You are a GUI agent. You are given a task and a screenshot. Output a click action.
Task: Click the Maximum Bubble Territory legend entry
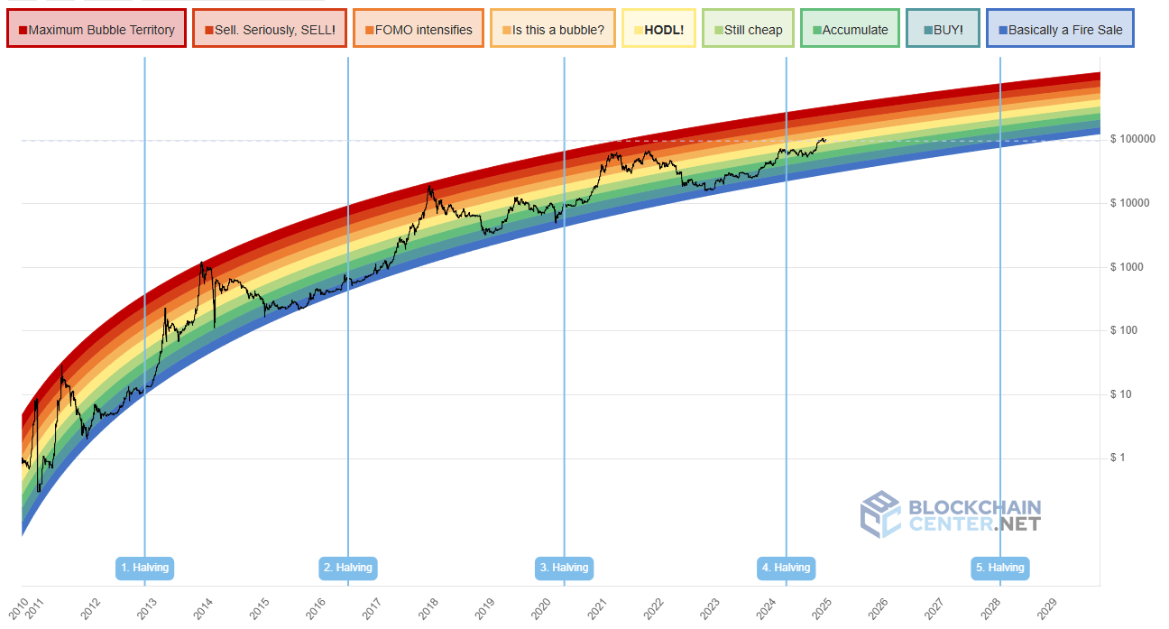tap(97, 30)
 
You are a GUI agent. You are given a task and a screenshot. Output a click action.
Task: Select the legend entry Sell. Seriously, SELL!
tap(270, 30)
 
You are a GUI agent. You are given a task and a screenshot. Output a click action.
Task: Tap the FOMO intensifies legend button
tap(419, 30)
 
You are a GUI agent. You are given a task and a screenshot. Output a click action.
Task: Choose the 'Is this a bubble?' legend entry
tap(553, 30)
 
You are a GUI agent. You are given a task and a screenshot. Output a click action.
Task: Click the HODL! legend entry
tap(659, 30)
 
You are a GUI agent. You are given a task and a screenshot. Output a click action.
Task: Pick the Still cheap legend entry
tap(748, 30)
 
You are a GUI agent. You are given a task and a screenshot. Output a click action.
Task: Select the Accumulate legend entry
tap(850, 30)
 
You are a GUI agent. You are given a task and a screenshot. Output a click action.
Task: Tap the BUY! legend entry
tap(943, 30)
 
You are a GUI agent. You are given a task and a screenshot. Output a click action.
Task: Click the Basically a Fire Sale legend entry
tap(1060, 30)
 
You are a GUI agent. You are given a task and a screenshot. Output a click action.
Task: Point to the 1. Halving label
tap(144, 568)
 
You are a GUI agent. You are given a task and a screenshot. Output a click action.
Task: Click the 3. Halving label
tap(564, 568)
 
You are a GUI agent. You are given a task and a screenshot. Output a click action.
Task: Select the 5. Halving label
tap(999, 568)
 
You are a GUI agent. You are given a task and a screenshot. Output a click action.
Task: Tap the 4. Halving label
tap(786, 568)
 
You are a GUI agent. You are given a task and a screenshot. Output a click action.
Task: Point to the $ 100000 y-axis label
tap(1134, 139)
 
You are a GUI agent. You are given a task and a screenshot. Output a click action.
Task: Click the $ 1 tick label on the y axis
tap(1118, 458)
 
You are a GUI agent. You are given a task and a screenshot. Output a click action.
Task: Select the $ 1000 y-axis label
tap(1127, 267)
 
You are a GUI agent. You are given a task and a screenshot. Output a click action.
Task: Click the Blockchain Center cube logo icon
tap(880, 514)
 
